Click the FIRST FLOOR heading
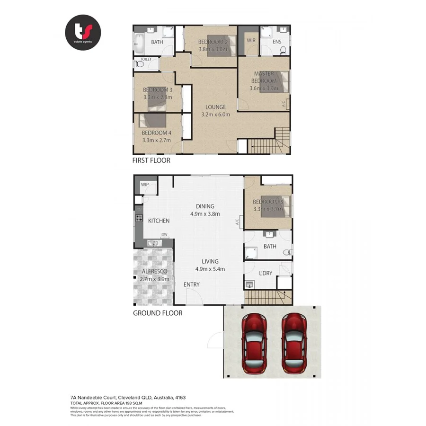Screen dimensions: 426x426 [151, 160]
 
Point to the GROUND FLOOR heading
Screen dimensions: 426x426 [158, 313]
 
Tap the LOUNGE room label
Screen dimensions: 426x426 [215, 107]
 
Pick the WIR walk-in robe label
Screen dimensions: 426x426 [251, 41]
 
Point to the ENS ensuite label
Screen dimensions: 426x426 [277, 42]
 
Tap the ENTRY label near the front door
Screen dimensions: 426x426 [192, 284]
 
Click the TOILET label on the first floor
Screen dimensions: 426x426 [146, 60]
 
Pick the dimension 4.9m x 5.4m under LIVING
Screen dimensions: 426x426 [210, 269]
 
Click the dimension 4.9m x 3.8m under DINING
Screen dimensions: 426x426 [205, 213]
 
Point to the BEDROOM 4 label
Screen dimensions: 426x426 [157, 133]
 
